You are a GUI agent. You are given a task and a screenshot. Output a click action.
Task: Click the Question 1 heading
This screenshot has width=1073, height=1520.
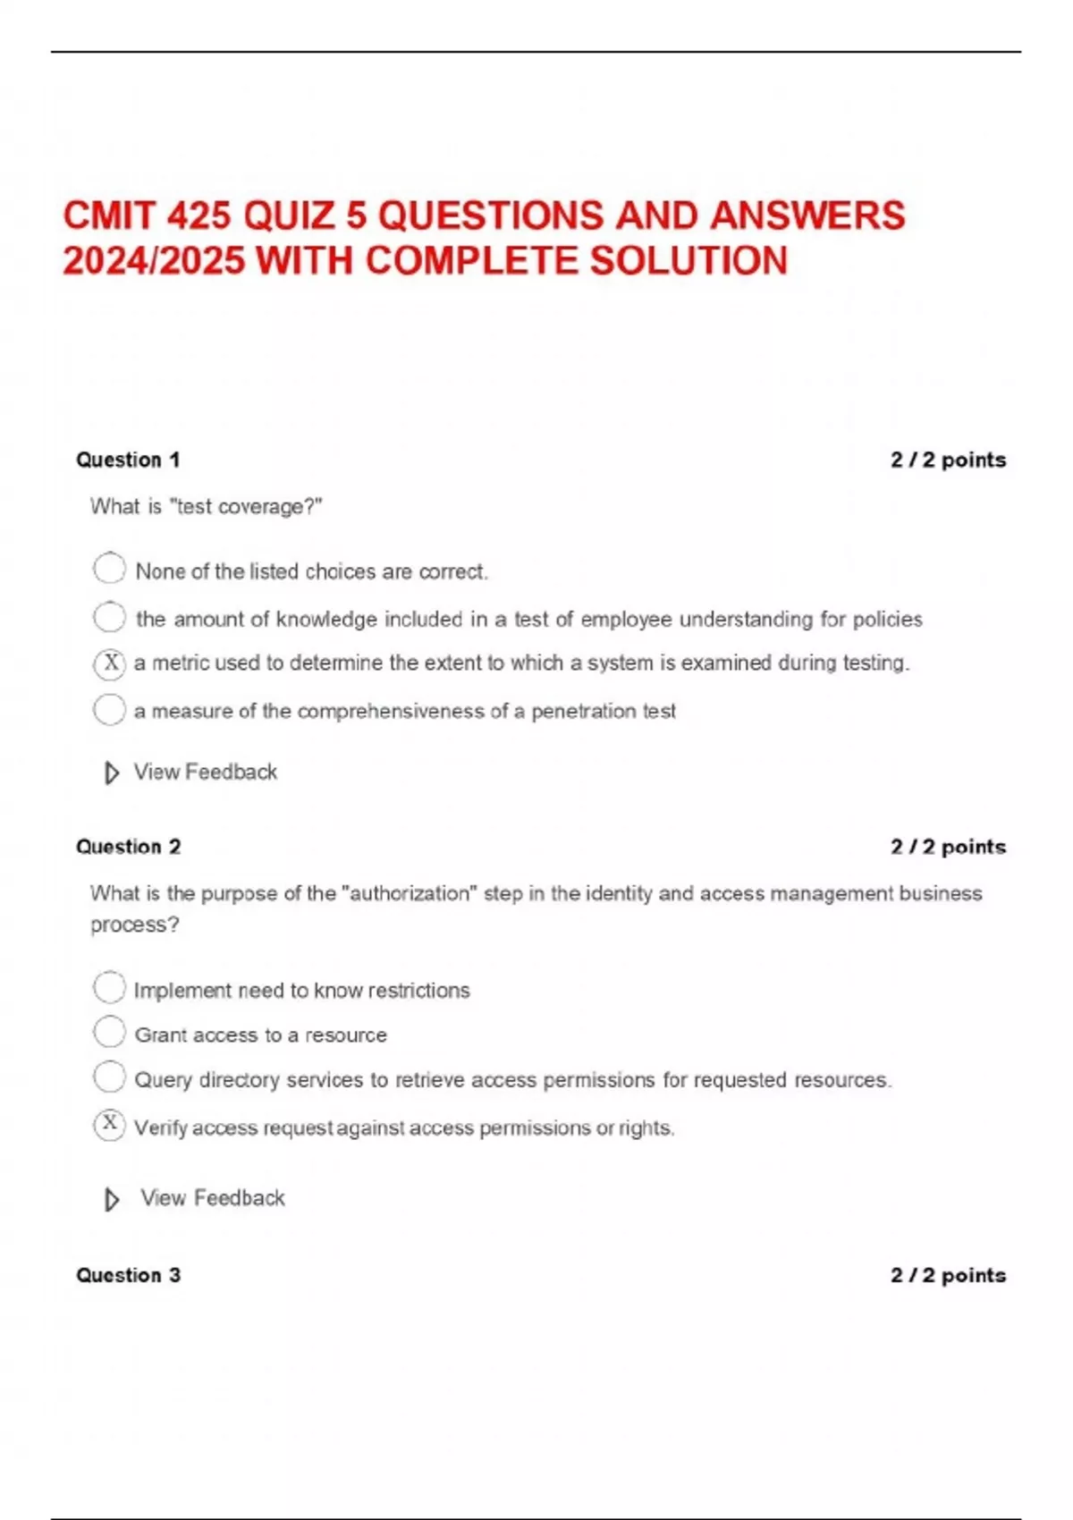128,460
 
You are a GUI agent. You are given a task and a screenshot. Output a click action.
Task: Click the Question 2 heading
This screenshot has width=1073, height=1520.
128,847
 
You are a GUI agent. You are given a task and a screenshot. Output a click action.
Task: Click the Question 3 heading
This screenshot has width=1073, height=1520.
128,1275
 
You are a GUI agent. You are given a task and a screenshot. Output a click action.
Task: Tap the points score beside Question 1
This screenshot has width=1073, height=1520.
948,460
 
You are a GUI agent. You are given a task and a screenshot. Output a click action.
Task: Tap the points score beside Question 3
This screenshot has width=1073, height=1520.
948,1275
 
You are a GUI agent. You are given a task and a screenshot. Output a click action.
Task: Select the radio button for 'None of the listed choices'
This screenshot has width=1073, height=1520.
109,569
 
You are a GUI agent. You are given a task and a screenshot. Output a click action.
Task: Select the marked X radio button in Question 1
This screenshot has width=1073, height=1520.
109,664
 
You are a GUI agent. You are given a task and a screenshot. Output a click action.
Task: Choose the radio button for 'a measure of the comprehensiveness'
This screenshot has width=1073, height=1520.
109,710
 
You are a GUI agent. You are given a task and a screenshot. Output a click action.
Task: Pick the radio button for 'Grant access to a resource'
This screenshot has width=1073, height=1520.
109,1032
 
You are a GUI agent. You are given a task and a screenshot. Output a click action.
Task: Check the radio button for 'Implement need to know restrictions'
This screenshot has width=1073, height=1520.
109,988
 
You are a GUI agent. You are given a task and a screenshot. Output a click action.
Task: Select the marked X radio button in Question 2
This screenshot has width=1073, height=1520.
109,1125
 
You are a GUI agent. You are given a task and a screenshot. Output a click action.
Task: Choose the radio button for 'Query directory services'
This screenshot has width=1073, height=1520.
109,1077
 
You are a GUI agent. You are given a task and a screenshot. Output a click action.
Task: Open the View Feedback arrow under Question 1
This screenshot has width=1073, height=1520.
112,773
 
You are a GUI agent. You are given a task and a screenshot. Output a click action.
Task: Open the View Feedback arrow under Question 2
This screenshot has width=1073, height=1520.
112,1199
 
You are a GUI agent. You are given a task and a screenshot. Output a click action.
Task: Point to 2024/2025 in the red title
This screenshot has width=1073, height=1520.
153,261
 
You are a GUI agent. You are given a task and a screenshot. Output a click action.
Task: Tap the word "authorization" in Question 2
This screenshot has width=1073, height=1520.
410,893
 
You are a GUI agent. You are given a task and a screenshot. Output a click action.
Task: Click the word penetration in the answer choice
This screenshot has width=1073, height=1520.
583,712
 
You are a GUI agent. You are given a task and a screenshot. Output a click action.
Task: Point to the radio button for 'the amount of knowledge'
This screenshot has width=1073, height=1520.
109,617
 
